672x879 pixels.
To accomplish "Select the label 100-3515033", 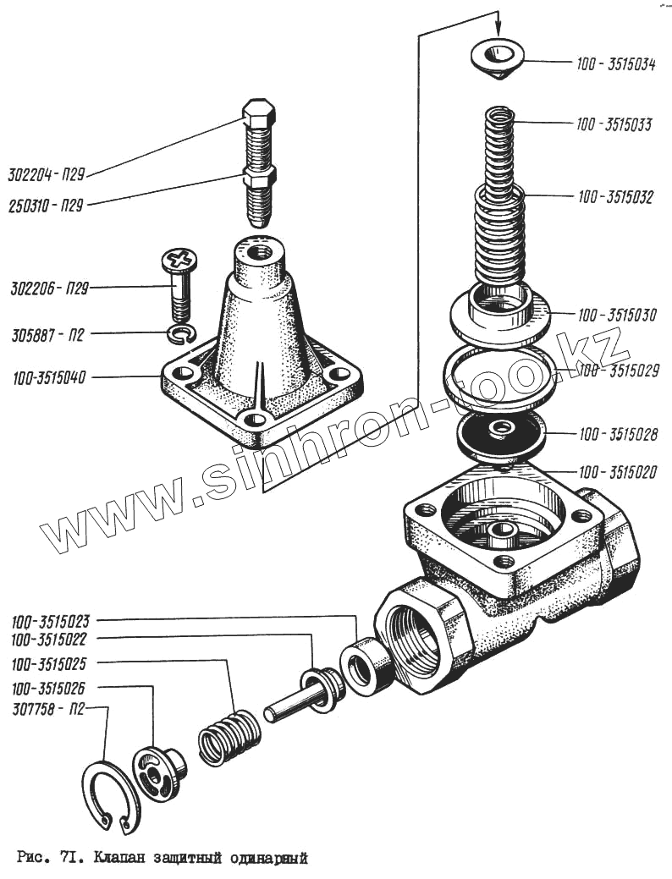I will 614,125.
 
